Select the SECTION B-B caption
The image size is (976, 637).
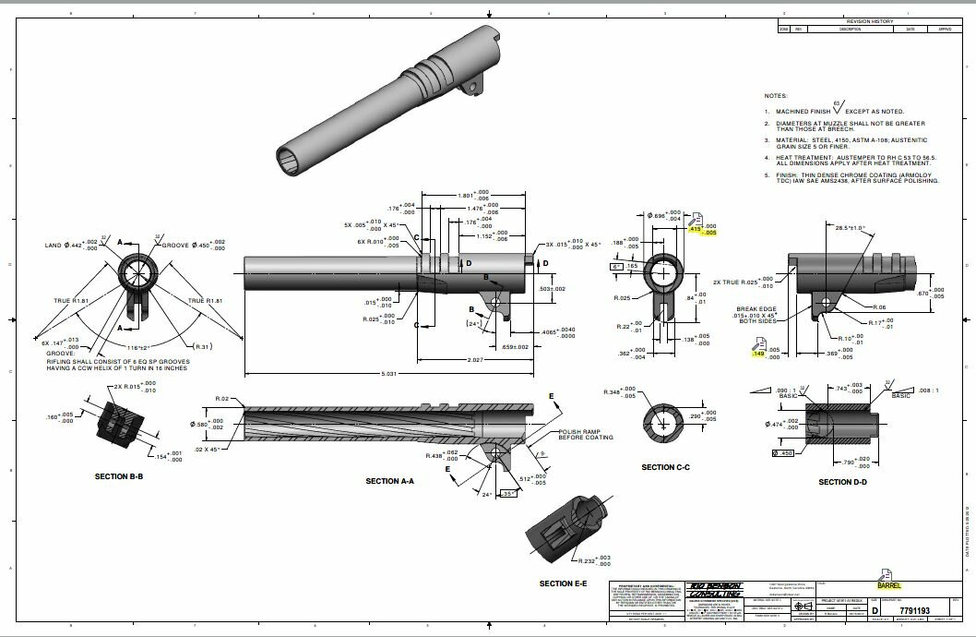(119, 476)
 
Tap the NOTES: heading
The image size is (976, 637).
(776, 96)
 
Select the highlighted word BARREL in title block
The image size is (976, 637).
(889, 585)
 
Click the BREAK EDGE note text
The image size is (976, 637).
(754, 312)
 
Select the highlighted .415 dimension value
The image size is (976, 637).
(694, 229)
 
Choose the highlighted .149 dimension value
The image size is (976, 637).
(759, 353)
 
